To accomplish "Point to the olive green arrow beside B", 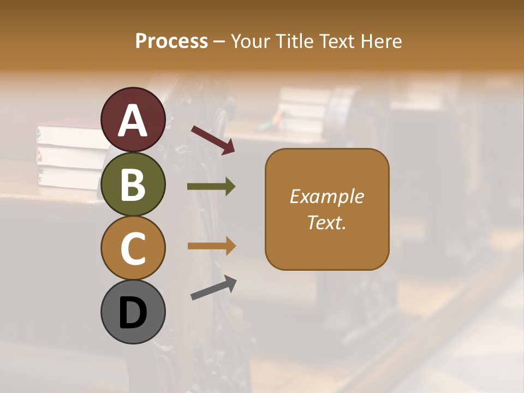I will pos(211,187).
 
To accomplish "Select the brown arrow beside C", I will pos(211,246).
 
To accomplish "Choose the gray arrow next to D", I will pos(213,288).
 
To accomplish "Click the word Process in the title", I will pos(171,41).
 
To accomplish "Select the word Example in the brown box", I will pos(327,196).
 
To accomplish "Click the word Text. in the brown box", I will pos(327,222).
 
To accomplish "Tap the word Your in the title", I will pos(250,41).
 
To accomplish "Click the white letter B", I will pos(133,184).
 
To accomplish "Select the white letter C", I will pos(133,248).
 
